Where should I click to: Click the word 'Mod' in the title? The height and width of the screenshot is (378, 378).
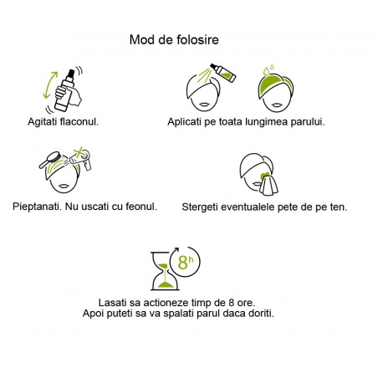pyautogui.click(x=143, y=39)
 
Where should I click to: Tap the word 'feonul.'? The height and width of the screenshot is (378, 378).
pyautogui.click(x=140, y=206)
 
